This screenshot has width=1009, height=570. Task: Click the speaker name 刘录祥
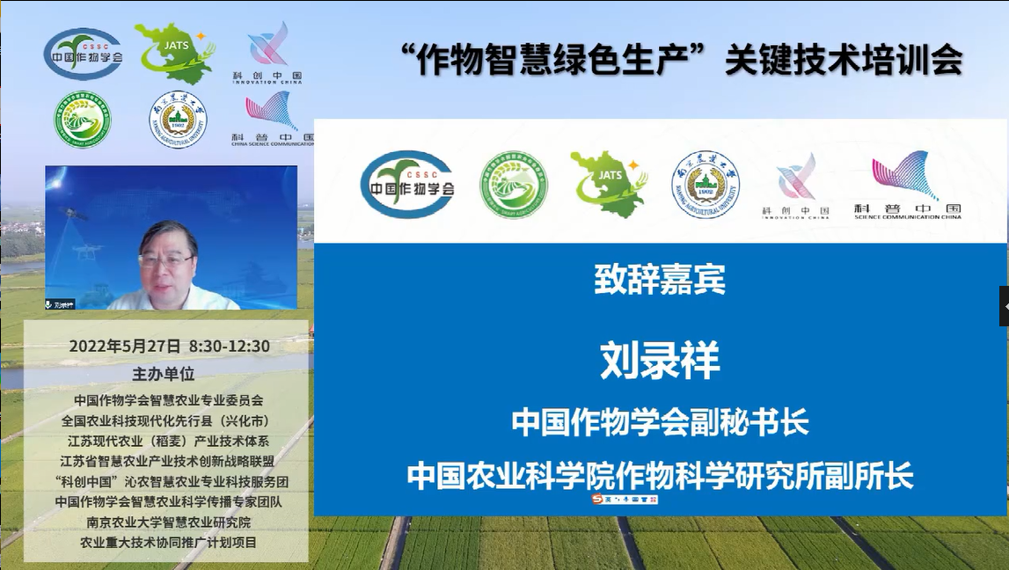(x=660, y=361)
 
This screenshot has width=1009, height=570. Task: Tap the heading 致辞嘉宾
(x=660, y=281)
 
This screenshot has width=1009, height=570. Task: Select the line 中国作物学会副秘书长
(x=660, y=423)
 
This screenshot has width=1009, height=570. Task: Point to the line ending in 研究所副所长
(x=660, y=476)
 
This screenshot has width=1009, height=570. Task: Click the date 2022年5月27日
(x=125, y=347)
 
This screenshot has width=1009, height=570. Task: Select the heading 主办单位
(x=163, y=373)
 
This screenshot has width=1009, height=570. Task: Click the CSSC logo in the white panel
(x=407, y=184)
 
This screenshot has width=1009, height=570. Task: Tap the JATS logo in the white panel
(x=608, y=180)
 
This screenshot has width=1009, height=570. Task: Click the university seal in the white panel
(x=706, y=184)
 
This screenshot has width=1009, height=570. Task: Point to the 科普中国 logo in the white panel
(x=906, y=184)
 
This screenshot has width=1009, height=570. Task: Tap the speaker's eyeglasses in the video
(x=166, y=259)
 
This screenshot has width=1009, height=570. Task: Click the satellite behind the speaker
(x=70, y=212)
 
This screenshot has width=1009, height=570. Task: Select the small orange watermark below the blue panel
(x=625, y=499)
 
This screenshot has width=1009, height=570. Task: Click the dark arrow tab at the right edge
(x=1004, y=306)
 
